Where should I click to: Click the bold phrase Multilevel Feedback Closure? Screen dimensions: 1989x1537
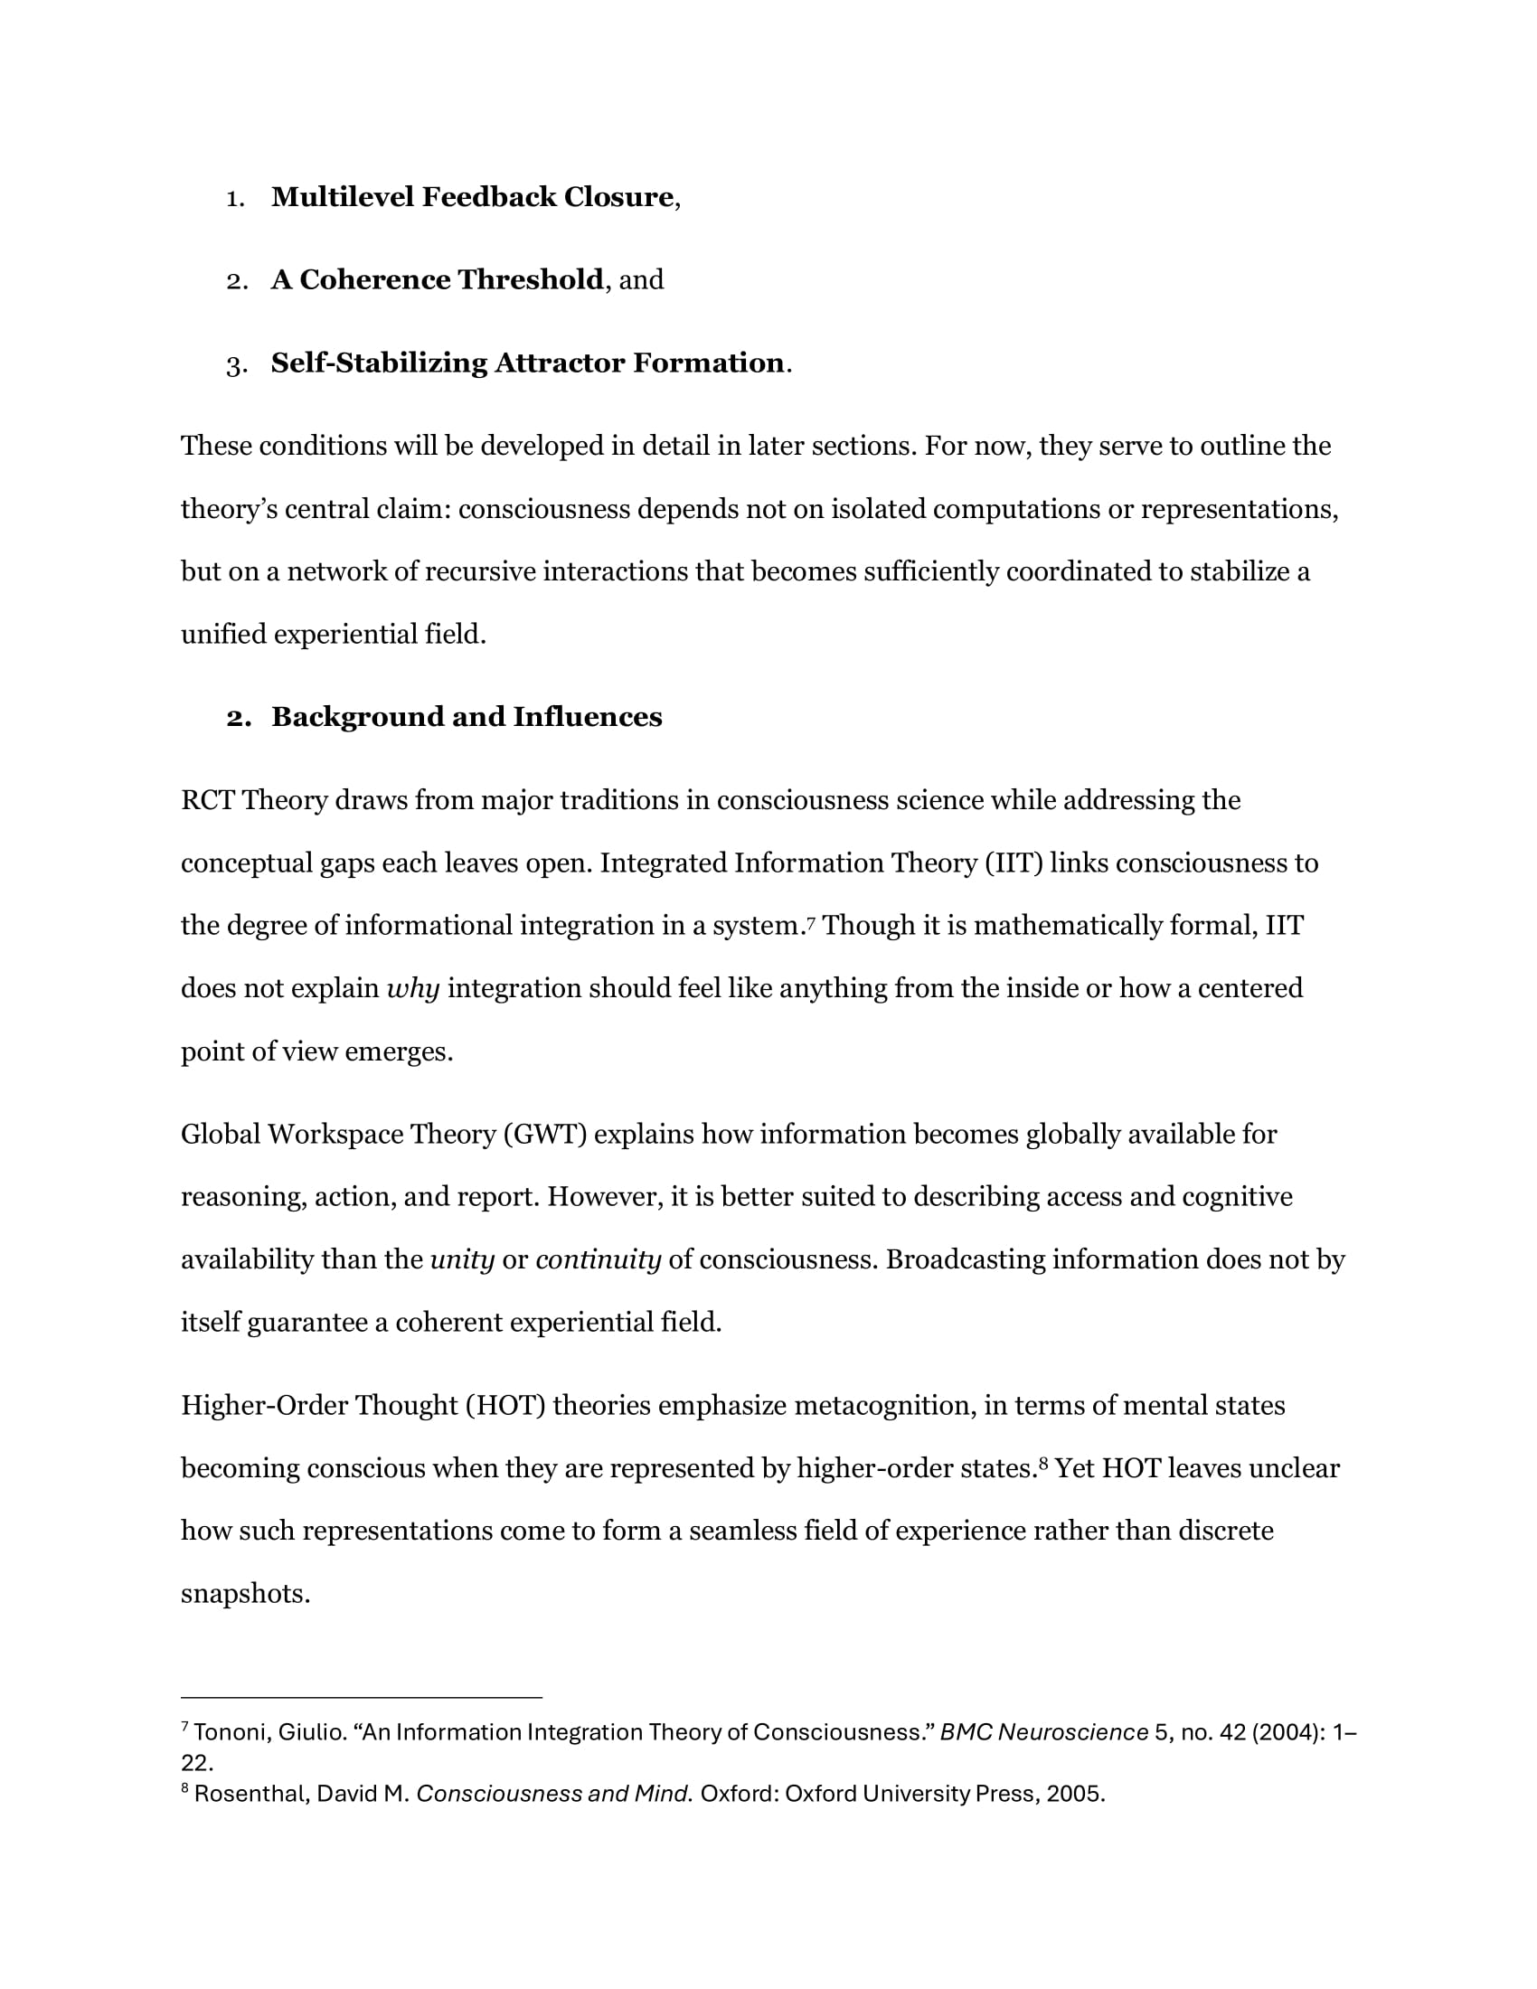click(472, 197)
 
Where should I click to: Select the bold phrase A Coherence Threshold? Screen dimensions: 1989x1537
click(437, 279)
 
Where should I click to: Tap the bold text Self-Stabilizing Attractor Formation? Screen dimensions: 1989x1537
click(527, 363)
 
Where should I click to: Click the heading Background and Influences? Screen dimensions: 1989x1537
click(467, 717)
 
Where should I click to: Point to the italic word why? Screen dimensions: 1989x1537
click(412, 988)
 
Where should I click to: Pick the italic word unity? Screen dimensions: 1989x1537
click(462, 1259)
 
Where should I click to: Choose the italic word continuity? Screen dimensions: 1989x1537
click(598, 1259)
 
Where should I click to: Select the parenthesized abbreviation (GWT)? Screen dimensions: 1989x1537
click(544, 1134)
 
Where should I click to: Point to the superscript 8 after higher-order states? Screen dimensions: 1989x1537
click(1043, 1463)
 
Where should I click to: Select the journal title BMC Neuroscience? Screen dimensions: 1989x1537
click(1043, 1732)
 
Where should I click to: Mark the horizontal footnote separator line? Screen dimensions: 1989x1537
click(362, 1698)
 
